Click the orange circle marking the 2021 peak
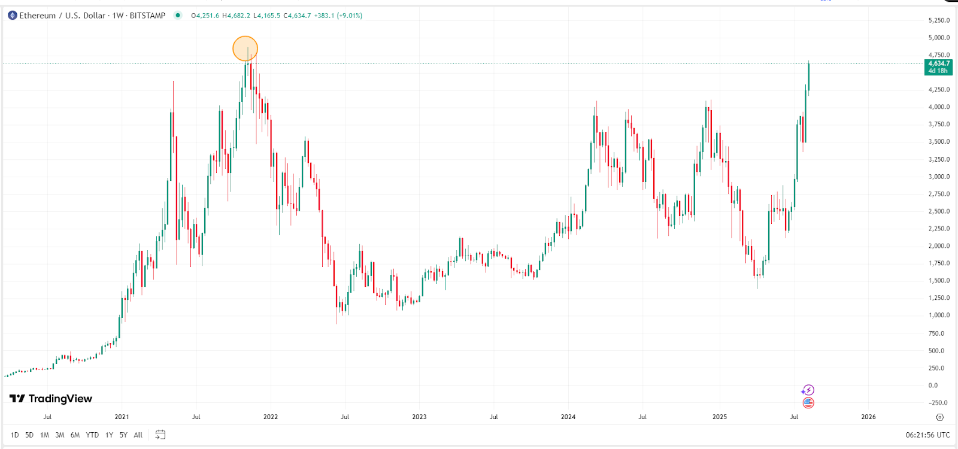(x=245, y=48)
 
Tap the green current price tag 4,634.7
(x=938, y=66)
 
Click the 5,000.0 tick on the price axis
(x=939, y=38)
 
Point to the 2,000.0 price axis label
(x=939, y=246)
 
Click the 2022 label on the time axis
(x=271, y=417)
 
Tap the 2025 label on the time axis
(x=720, y=417)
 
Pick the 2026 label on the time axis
(x=868, y=417)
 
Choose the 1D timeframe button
(x=15, y=435)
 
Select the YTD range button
(x=92, y=435)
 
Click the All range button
(x=138, y=435)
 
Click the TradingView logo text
(x=60, y=399)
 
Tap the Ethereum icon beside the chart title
(x=12, y=16)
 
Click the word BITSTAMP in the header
(x=147, y=16)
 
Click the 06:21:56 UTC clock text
(x=927, y=435)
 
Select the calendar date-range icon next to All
(x=160, y=435)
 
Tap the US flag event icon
(x=808, y=403)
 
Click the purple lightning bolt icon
(x=808, y=390)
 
